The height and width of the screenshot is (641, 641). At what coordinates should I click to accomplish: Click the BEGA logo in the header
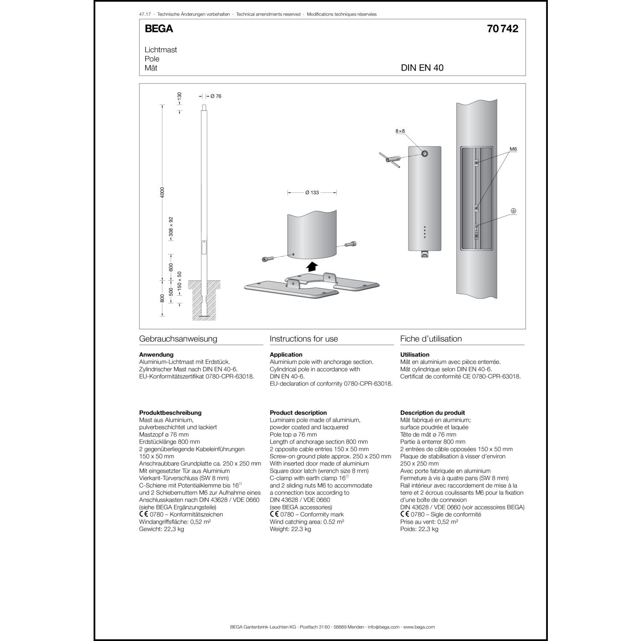pyautogui.click(x=159, y=29)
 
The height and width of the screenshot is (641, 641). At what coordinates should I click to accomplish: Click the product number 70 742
pyautogui.click(x=503, y=29)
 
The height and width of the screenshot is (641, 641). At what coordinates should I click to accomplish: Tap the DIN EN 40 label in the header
pyautogui.click(x=422, y=68)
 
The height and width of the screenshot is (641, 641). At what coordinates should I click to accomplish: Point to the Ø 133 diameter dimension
pyautogui.click(x=312, y=193)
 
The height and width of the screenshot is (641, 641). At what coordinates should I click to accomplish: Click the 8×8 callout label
pyautogui.click(x=400, y=132)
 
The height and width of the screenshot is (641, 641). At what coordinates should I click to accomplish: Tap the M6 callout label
pyautogui.click(x=513, y=149)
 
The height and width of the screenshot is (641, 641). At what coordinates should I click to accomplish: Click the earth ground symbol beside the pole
pyautogui.click(x=514, y=211)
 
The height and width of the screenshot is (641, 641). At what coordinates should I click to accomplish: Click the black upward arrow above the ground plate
pyautogui.click(x=312, y=266)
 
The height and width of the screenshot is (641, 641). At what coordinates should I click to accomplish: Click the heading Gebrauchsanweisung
pyautogui.click(x=178, y=339)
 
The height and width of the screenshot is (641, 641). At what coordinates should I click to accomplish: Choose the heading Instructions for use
pyautogui.click(x=304, y=339)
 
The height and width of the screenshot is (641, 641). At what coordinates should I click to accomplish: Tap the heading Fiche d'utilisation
pyautogui.click(x=431, y=339)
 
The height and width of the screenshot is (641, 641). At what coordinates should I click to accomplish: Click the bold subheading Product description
pyautogui.click(x=298, y=413)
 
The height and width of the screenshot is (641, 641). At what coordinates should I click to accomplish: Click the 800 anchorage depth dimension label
pyautogui.click(x=162, y=298)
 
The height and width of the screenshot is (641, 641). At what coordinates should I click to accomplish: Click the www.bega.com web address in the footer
pyautogui.click(x=419, y=627)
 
